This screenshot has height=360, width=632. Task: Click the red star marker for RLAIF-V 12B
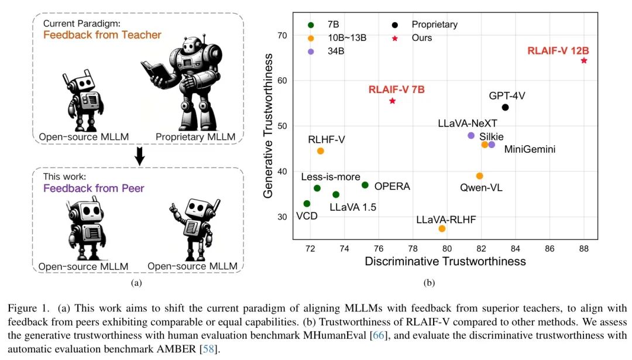click(x=584, y=61)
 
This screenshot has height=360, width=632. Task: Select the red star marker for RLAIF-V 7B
click(x=392, y=101)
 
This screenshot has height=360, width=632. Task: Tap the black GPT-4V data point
click(x=506, y=107)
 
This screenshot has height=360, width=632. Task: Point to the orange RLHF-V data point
click(x=321, y=151)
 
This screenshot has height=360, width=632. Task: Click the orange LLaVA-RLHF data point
click(x=442, y=228)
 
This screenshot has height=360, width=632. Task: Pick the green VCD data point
click(x=307, y=204)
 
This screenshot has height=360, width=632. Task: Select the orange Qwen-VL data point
click(x=480, y=176)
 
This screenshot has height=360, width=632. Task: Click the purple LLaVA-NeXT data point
click(x=471, y=135)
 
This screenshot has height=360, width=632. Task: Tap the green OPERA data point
click(x=365, y=185)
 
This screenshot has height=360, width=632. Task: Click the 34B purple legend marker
click(x=311, y=52)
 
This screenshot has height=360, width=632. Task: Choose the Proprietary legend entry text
click(x=434, y=25)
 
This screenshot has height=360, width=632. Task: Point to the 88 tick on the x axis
click(x=584, y=248)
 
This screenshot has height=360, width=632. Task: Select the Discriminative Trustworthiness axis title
click(x=445, y=261)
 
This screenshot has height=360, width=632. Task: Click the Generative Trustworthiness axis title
click(x=269, y=125)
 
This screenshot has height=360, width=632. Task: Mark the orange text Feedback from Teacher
click(x=102, y=35)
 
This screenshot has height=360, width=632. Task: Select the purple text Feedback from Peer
click(x=94, y=188)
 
